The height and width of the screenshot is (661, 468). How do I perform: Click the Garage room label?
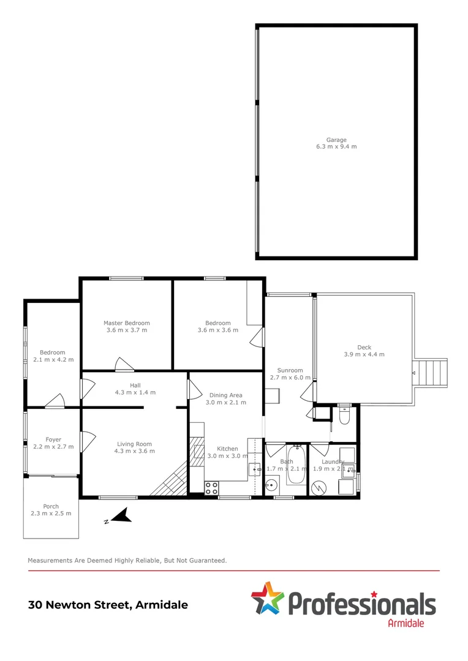click(336, 140)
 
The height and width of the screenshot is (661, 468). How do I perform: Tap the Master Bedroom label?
click(126, 323)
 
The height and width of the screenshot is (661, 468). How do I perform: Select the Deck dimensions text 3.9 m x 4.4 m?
click(364, 354)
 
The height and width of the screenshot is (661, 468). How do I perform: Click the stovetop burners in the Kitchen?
click(211, 488)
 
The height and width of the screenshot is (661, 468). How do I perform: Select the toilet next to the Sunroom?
click(344, 416)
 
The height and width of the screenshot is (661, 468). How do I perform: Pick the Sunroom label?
click(290, 370)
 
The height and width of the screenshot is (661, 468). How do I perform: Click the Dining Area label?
click(225, 395)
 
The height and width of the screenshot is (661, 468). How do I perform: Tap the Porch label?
click(51, 506)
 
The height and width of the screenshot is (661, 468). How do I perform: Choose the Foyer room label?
click(53, 439)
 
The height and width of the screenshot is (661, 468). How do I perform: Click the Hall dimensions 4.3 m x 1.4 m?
click(135, 392)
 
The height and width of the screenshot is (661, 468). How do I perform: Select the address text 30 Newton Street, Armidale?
click(108, 605)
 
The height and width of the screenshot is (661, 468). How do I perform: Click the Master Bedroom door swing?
click(123, 364)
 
